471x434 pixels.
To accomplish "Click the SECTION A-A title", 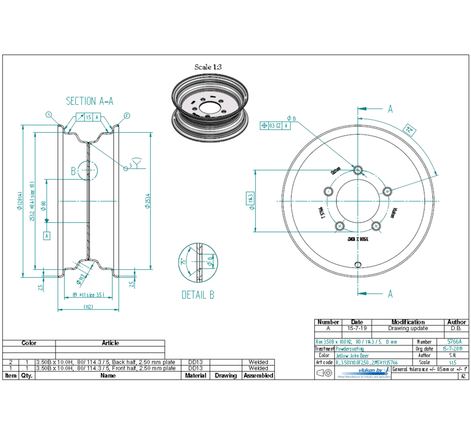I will point(89,101).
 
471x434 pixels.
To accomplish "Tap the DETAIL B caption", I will point(198,295).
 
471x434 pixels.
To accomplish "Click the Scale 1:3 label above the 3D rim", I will point(208,67).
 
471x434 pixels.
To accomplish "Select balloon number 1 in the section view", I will point(49,114).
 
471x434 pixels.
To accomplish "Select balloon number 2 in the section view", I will point(126,115).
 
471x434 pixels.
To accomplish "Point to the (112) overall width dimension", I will point(88,306).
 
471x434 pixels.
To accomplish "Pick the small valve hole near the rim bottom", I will point(358,265).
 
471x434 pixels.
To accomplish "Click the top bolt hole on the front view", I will point(358,170).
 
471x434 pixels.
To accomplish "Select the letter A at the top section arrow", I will point(391,109).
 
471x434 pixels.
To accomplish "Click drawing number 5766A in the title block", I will point(454,342).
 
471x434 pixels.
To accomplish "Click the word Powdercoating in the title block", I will point(350,349).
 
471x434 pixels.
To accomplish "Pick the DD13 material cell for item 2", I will point(196,362).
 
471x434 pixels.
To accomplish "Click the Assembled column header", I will point(258,375).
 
